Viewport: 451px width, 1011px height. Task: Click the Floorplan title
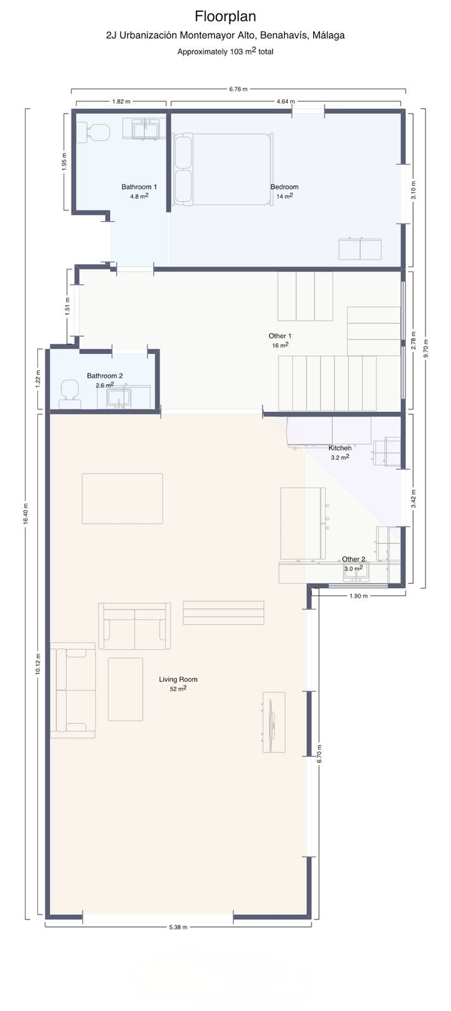coord(225,16)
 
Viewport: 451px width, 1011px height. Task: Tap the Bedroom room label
coord(284,187)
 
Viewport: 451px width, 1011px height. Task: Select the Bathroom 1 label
coord(139,187)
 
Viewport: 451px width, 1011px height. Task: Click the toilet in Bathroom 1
coord(92,133)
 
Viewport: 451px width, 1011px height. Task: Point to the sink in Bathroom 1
coord(145,129)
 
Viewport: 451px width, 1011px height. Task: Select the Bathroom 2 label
coord(105,375)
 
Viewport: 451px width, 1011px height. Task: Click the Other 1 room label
coord(280,336)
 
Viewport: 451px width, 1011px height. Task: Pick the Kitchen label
coord(340,448)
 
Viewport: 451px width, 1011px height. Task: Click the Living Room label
coord(178,679)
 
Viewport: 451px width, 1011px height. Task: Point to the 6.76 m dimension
coord(238,89)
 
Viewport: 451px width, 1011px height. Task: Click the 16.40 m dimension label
coord(26,514)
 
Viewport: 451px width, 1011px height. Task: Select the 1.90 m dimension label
coord(359,596)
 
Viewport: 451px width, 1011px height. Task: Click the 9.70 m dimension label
coord(426,348)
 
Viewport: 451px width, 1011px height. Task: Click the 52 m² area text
coord(178,689)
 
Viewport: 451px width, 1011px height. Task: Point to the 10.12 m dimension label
coord(38,664)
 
